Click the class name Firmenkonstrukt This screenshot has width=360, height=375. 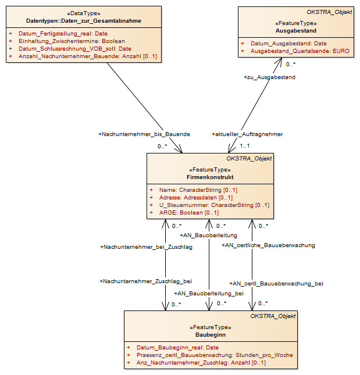pyautogui.click(x=210, y=177)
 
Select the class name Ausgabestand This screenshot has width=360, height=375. pyautogui.click(x=296, y=31)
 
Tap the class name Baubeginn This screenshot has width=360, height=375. pyautogui.click(x=211, y=334)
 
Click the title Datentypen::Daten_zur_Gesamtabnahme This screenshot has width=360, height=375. pyautogui.click(x=84, y=21)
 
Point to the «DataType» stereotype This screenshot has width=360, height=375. pyautogui.click(x=84, y=13)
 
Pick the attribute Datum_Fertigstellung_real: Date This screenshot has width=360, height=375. pyautogui.click(x=63, y=34)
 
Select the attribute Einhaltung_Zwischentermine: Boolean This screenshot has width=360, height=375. pyautogui.click(x=72, y=41)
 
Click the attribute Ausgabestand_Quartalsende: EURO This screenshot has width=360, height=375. pyautogui.click(x=300, y=51)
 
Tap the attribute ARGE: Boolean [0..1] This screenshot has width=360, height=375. pyautogui.click(x=189, y=213)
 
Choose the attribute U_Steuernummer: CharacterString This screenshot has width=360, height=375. pyautogui.click(x=206, y=205)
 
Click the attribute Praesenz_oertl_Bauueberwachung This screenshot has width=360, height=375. pyautogui.click(x=185, y=355)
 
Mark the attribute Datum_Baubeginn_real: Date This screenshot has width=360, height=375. pyautogui.click(x=178, y=348)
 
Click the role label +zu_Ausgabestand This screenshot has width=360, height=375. pyautogui.click(x=269, y=77)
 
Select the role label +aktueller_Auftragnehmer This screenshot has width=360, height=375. pyautogui.click(x=247, y=134)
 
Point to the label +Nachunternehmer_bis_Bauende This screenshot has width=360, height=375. pyautogui.click(x=144, y=134)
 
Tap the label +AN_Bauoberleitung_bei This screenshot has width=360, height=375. pyautogui.click(x=209, y=294)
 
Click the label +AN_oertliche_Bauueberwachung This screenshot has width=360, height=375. pyautogui.click(x=268, y=245)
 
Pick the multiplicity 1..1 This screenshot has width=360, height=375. pyautogui.click(x=245, y=146)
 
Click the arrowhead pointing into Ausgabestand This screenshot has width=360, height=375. pyautogui.click(x=280, y=62)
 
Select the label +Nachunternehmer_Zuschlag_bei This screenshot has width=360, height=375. pyautogui.click(x=145, y=281)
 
